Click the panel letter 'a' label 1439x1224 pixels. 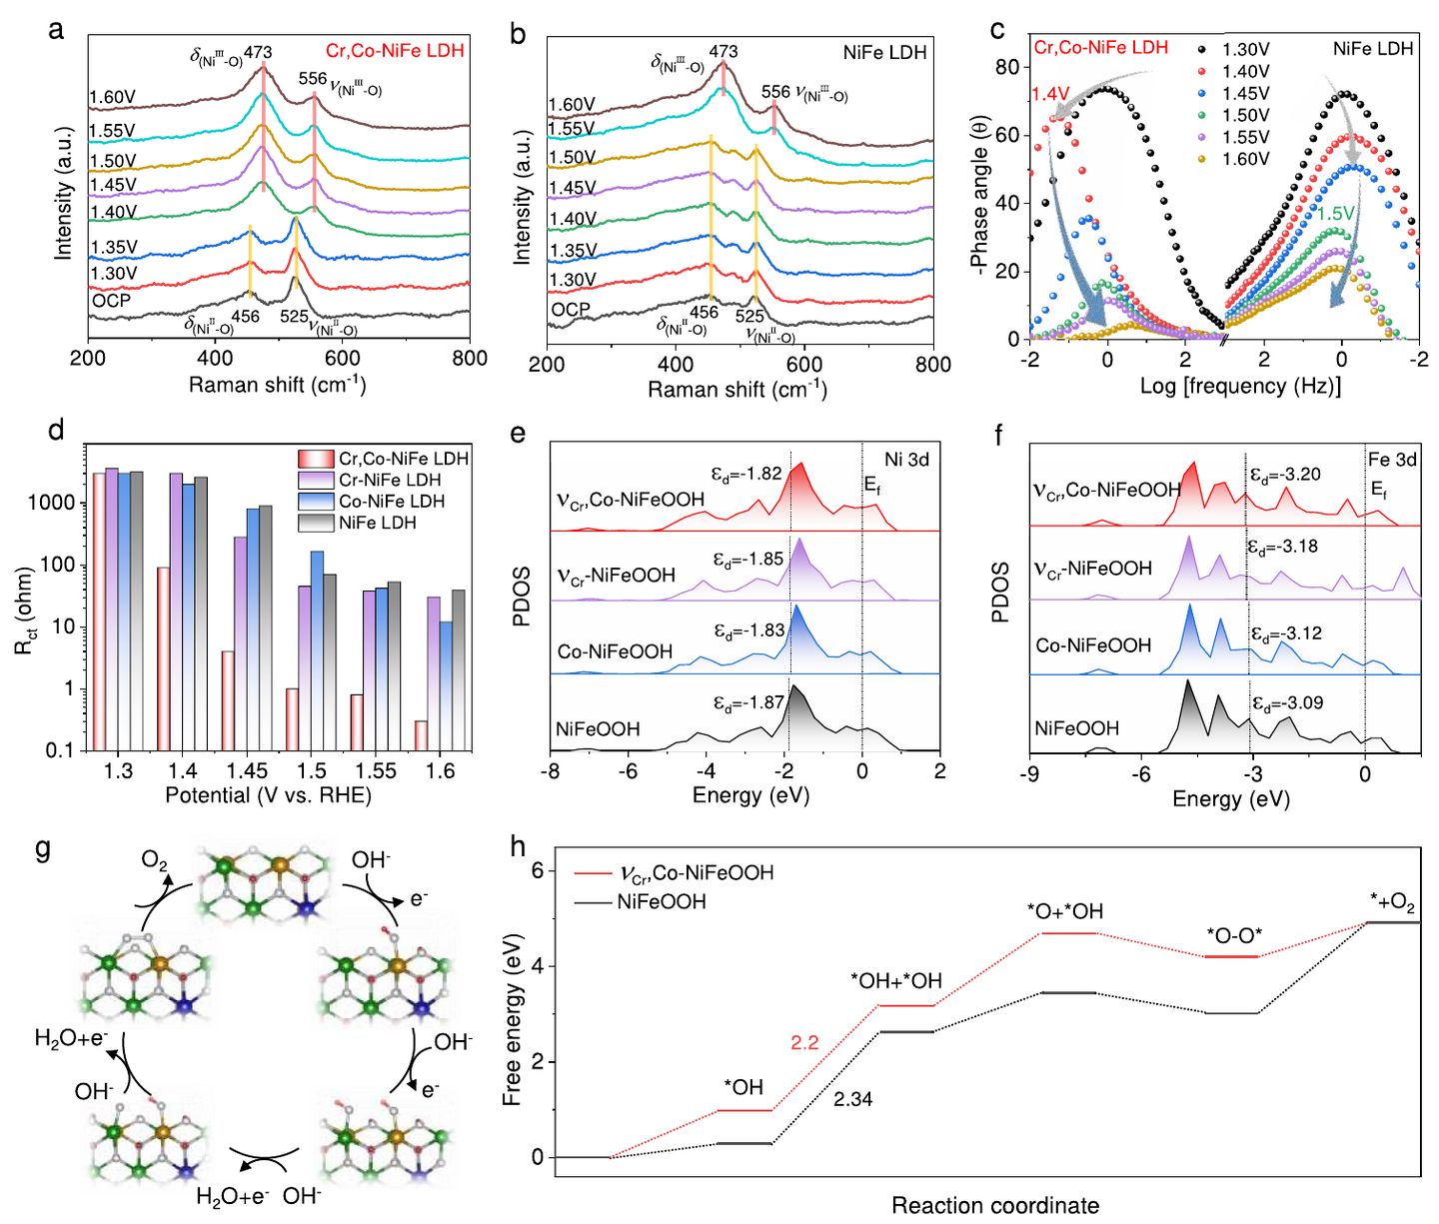tap(56, 30)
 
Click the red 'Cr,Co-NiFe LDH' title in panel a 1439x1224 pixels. tap(395, 51)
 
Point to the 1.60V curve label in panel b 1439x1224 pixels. tap(572, 105)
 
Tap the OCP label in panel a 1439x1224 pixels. tap(111, 300)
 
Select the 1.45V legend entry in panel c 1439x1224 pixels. tap(1245, 93)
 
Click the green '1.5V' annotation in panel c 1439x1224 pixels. tap(1335, 214)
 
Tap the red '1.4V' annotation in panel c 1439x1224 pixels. tap(1050, 94)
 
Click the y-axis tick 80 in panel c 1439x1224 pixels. tap(1006, 67)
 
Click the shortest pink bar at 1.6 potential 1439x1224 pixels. tap(422, 734)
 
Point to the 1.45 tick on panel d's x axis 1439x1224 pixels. tap(247, 771)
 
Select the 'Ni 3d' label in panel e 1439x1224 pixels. tap(906, 460)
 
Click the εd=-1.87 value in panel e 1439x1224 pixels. tap(748, 702)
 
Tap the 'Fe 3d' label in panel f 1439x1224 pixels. tap(1392, 460)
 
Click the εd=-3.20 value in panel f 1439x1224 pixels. tap(1285, 475)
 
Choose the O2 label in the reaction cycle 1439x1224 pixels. tap(155, 861)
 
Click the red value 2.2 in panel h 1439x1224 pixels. tap(804, 1043)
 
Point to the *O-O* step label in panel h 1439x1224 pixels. tap(1234, 936)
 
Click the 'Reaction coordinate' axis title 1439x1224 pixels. tap(995, 1205)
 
